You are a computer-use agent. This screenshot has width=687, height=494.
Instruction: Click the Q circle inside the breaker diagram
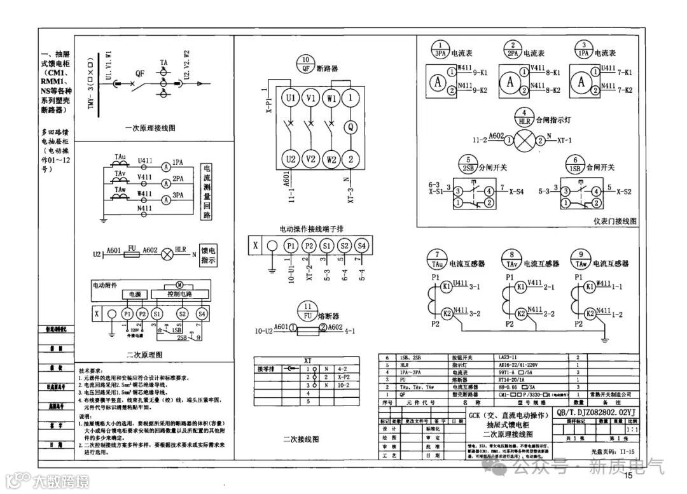click(350, 126)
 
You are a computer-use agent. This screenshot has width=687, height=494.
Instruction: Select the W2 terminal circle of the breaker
click(330, 159)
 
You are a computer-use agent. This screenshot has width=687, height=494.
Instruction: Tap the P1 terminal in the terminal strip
click(290, 245)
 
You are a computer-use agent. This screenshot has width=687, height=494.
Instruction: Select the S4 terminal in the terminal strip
click(361, 245)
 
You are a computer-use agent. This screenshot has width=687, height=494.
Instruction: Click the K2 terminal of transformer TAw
click(591, 313)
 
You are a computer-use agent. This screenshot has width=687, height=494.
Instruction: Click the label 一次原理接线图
click(150, 128)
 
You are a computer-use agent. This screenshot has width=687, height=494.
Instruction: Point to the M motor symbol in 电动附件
click(179, 284)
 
